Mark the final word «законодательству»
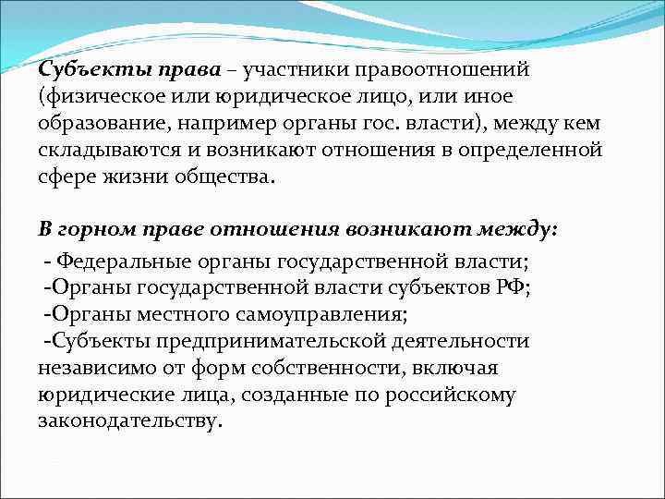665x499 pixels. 128,420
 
